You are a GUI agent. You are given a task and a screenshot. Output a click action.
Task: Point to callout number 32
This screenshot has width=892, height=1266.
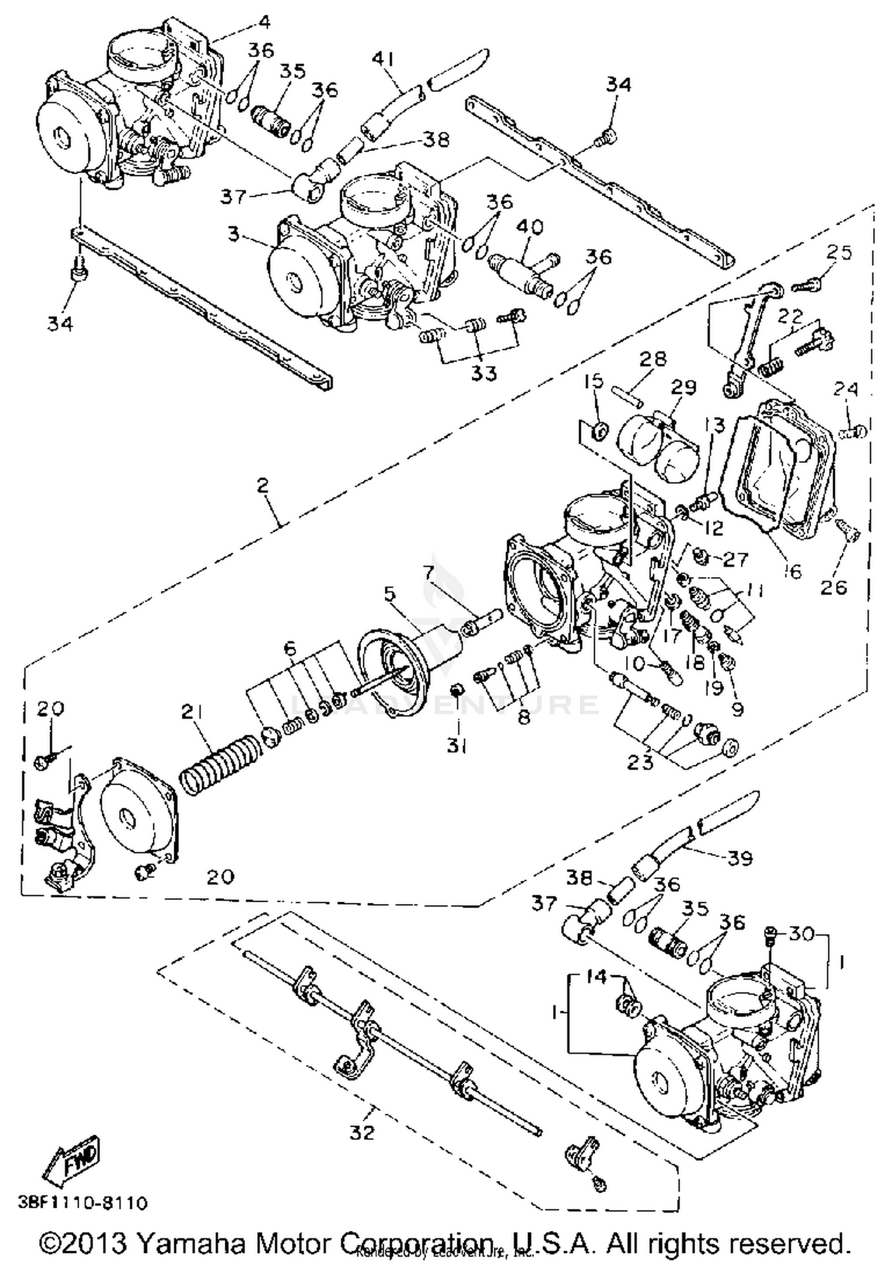362,1132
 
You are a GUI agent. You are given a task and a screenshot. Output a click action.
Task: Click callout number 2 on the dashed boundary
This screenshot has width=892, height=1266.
263,486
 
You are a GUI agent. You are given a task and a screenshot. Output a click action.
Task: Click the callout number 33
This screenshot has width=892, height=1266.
484,373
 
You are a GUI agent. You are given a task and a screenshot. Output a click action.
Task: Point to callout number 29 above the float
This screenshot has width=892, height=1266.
683,388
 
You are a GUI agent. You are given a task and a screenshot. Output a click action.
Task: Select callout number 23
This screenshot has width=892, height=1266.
640,763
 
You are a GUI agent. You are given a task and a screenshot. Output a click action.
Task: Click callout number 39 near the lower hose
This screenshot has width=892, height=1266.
739,858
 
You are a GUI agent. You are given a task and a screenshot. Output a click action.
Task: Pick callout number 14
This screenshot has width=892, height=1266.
596,976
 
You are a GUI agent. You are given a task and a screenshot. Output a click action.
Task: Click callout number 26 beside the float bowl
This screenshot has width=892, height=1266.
833,587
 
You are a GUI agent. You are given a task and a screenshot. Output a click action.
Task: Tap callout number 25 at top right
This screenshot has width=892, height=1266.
839,253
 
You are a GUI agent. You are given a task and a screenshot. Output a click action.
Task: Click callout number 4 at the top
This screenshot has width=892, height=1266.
264,23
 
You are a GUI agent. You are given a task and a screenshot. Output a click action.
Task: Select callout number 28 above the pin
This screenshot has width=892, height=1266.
653,359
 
